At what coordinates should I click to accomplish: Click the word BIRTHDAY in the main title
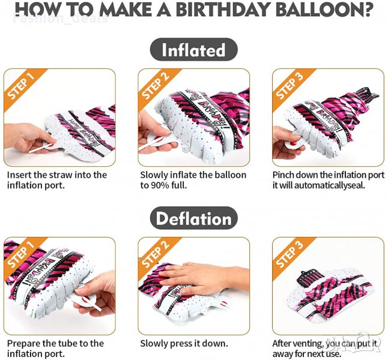pos(222,9)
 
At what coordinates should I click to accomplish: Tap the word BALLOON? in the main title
pos(324,9)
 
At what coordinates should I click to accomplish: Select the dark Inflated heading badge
pos(194,50)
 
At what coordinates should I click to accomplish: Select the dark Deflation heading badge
pos(194,218)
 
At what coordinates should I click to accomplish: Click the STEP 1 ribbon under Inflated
pos(22,87)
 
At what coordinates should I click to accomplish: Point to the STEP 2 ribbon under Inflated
pos(156,87)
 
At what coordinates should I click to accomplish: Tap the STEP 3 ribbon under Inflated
pos(291,87)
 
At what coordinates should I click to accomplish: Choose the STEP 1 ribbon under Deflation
pos(22,256)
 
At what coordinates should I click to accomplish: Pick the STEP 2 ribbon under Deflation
pos(156,256)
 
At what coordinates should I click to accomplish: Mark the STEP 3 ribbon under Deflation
pos(291,256)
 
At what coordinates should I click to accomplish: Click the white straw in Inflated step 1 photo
pos(41,148)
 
